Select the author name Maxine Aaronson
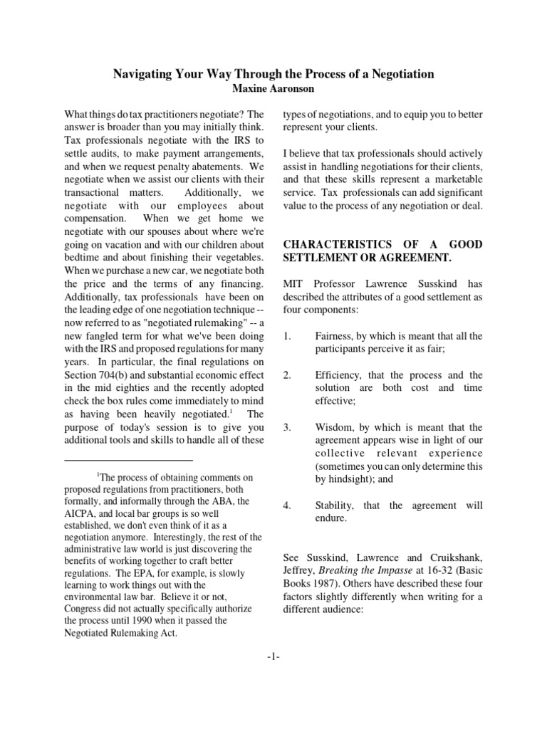pos(273,88)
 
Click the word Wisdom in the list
pos(334,427)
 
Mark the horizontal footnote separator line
pos(129,461)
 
